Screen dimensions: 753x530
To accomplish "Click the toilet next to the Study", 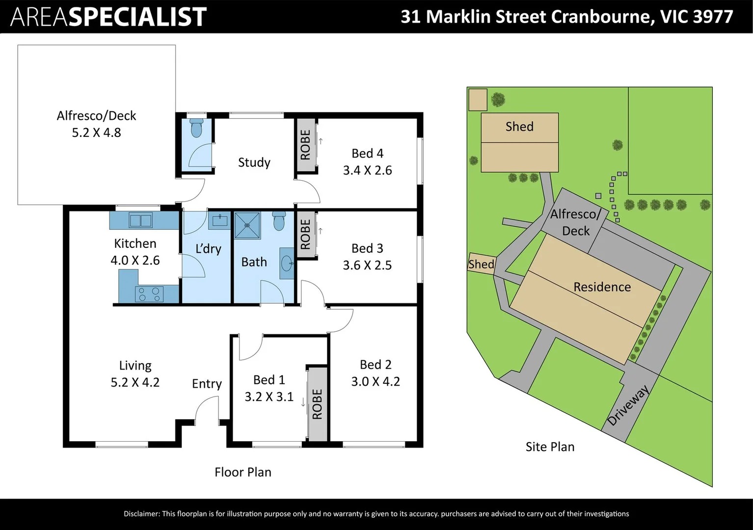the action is [197, 127].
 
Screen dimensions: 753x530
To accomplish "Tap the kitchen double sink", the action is [140, 221].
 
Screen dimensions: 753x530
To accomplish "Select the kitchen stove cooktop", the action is [149, 294].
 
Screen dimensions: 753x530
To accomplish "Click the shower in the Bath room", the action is [247, 225].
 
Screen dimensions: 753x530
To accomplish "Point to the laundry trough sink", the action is [219, 220].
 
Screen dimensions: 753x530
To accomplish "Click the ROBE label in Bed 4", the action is [305, 145].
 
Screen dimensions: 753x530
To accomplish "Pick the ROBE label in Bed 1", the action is [317, 404].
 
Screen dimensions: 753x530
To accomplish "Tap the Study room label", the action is [254, 162].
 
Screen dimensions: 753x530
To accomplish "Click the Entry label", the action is [207, 384].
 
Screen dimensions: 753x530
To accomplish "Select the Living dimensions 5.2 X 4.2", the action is [135, 382].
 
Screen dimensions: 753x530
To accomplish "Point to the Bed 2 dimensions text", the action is [376, 381].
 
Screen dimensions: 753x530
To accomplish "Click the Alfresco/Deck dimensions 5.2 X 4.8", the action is [97, 132].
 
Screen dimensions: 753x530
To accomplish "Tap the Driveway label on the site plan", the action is [628, 406].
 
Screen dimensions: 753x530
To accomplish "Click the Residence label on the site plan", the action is [602, 287].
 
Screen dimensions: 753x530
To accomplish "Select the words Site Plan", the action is [550, 447].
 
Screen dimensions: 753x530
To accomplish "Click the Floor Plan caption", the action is [243, 472].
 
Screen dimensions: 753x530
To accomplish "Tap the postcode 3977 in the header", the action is [713, 17].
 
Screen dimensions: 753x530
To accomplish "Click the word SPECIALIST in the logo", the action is [138, 17].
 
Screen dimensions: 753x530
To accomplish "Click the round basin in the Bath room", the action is [287, 263].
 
